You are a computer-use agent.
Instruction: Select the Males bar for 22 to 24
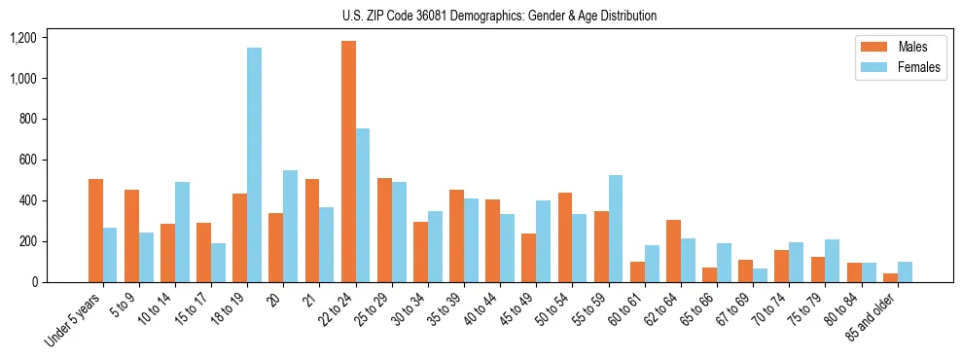[x=348, y=162]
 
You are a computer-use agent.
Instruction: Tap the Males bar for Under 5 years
[x=95, y=231]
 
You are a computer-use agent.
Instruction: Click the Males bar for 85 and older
[x=890, y=277]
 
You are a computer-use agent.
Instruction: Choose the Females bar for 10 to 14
[x=182, y=232]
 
